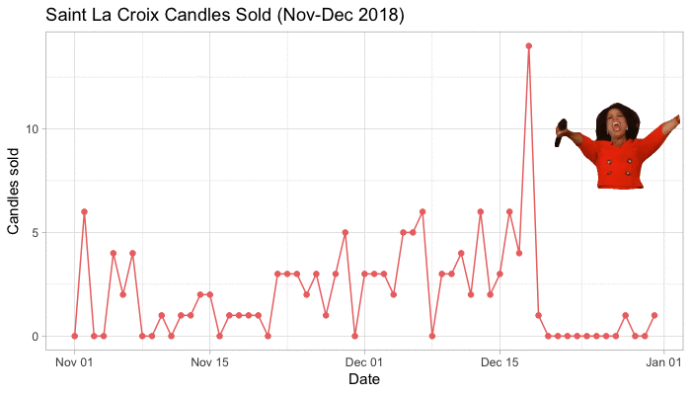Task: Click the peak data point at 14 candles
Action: (529, 45)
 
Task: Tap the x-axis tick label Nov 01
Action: (74, 361)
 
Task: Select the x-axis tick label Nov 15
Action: (209, 361)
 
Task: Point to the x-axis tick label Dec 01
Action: (364, 361)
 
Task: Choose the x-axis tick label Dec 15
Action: (499, 361)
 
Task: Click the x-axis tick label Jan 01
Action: (663, 361)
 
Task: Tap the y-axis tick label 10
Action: (33, 128)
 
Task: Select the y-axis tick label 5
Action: (37, 233)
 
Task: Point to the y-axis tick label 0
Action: (37, 337)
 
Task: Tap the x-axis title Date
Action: (365, 379)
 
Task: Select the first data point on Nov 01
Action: (75, 336)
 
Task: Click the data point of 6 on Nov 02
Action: (84, 211)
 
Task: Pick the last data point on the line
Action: (654, 315)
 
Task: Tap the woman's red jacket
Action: (617, 163)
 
